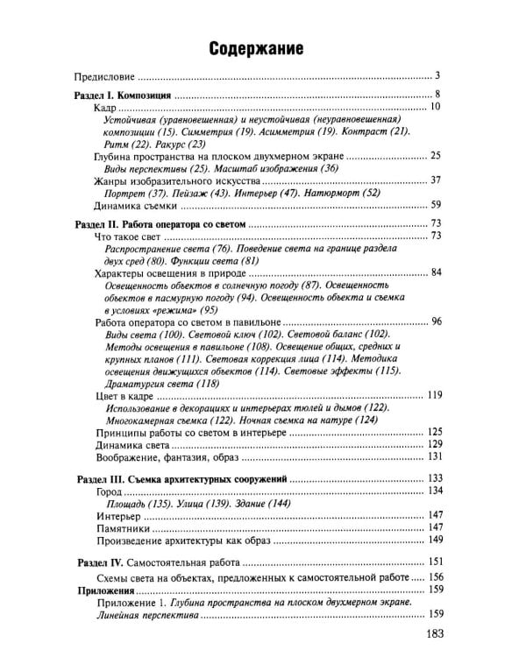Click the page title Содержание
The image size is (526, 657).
tap(256, 50)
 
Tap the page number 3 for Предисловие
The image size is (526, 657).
tap(436, 77)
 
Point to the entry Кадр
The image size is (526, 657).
tap(105, 107)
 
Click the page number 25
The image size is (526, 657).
tap(435, 156)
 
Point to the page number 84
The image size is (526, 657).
tap(435, 273)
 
